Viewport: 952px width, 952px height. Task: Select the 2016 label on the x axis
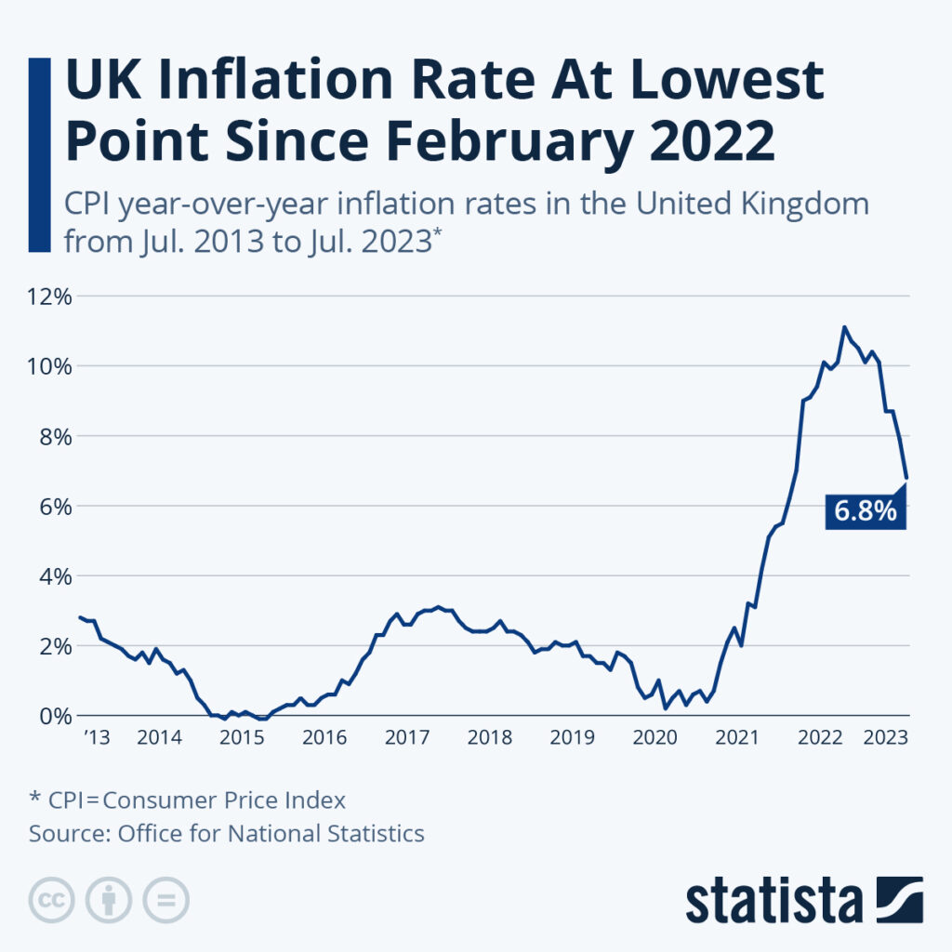coord(324,738)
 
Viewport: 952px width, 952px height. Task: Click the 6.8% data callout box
coord(866,510)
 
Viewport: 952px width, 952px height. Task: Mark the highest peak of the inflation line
coord(844,327)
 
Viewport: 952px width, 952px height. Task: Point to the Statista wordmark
coord(773,899)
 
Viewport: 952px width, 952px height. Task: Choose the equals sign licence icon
coord(165,899)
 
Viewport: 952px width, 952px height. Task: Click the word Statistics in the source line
coord(376,833)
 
